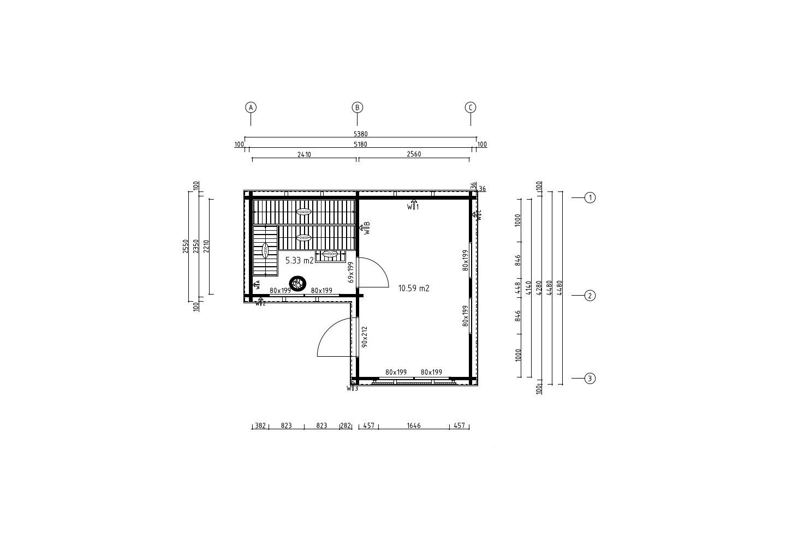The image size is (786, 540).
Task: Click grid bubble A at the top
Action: [251, 107]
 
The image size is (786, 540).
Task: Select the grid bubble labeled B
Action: [357, 107]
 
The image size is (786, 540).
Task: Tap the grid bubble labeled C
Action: [471, 107]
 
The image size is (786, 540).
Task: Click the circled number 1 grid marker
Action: [589, 197]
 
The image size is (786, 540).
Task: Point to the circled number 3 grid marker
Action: [589, 378]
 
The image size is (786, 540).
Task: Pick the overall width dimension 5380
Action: [360, 134]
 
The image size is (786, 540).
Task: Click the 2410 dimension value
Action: [304, 154]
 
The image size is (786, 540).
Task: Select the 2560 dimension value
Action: [414, 154]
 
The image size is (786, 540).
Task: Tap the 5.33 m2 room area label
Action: [299, 261]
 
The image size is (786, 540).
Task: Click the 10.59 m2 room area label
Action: [414, 288]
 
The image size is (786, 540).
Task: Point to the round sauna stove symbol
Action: [298, 283]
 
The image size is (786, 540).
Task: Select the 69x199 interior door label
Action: [351, 272]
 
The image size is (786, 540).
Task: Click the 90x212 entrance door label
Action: [364, 337]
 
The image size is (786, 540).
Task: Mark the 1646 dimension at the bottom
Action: [414, 425]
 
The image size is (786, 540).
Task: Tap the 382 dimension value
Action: [260, 425]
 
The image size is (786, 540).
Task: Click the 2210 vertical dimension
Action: [206, 247]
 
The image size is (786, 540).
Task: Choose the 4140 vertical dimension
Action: [528, 287]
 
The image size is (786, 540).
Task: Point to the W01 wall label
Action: [413, 206]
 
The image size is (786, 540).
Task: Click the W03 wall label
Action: [352, 388]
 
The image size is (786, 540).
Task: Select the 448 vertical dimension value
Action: [518, 287]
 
